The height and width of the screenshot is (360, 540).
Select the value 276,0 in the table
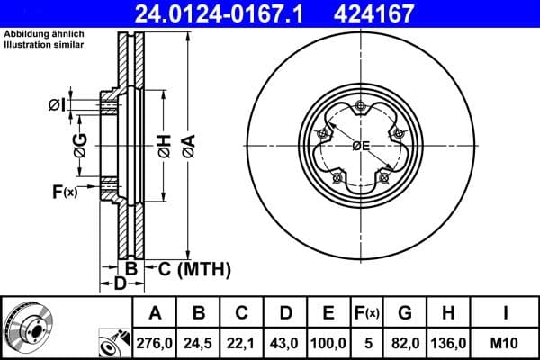155,343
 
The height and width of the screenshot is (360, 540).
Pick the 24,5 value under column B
199,343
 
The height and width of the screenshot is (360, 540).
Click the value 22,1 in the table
242,343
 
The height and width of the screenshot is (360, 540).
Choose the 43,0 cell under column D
285,343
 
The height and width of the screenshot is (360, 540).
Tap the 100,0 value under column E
329,343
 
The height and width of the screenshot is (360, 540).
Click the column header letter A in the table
155,313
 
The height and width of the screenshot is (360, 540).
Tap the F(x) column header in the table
369,313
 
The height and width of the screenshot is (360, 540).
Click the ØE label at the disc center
362,146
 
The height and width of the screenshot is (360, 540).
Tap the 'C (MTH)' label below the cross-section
194,268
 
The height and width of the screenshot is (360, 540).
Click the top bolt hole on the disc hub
361,107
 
